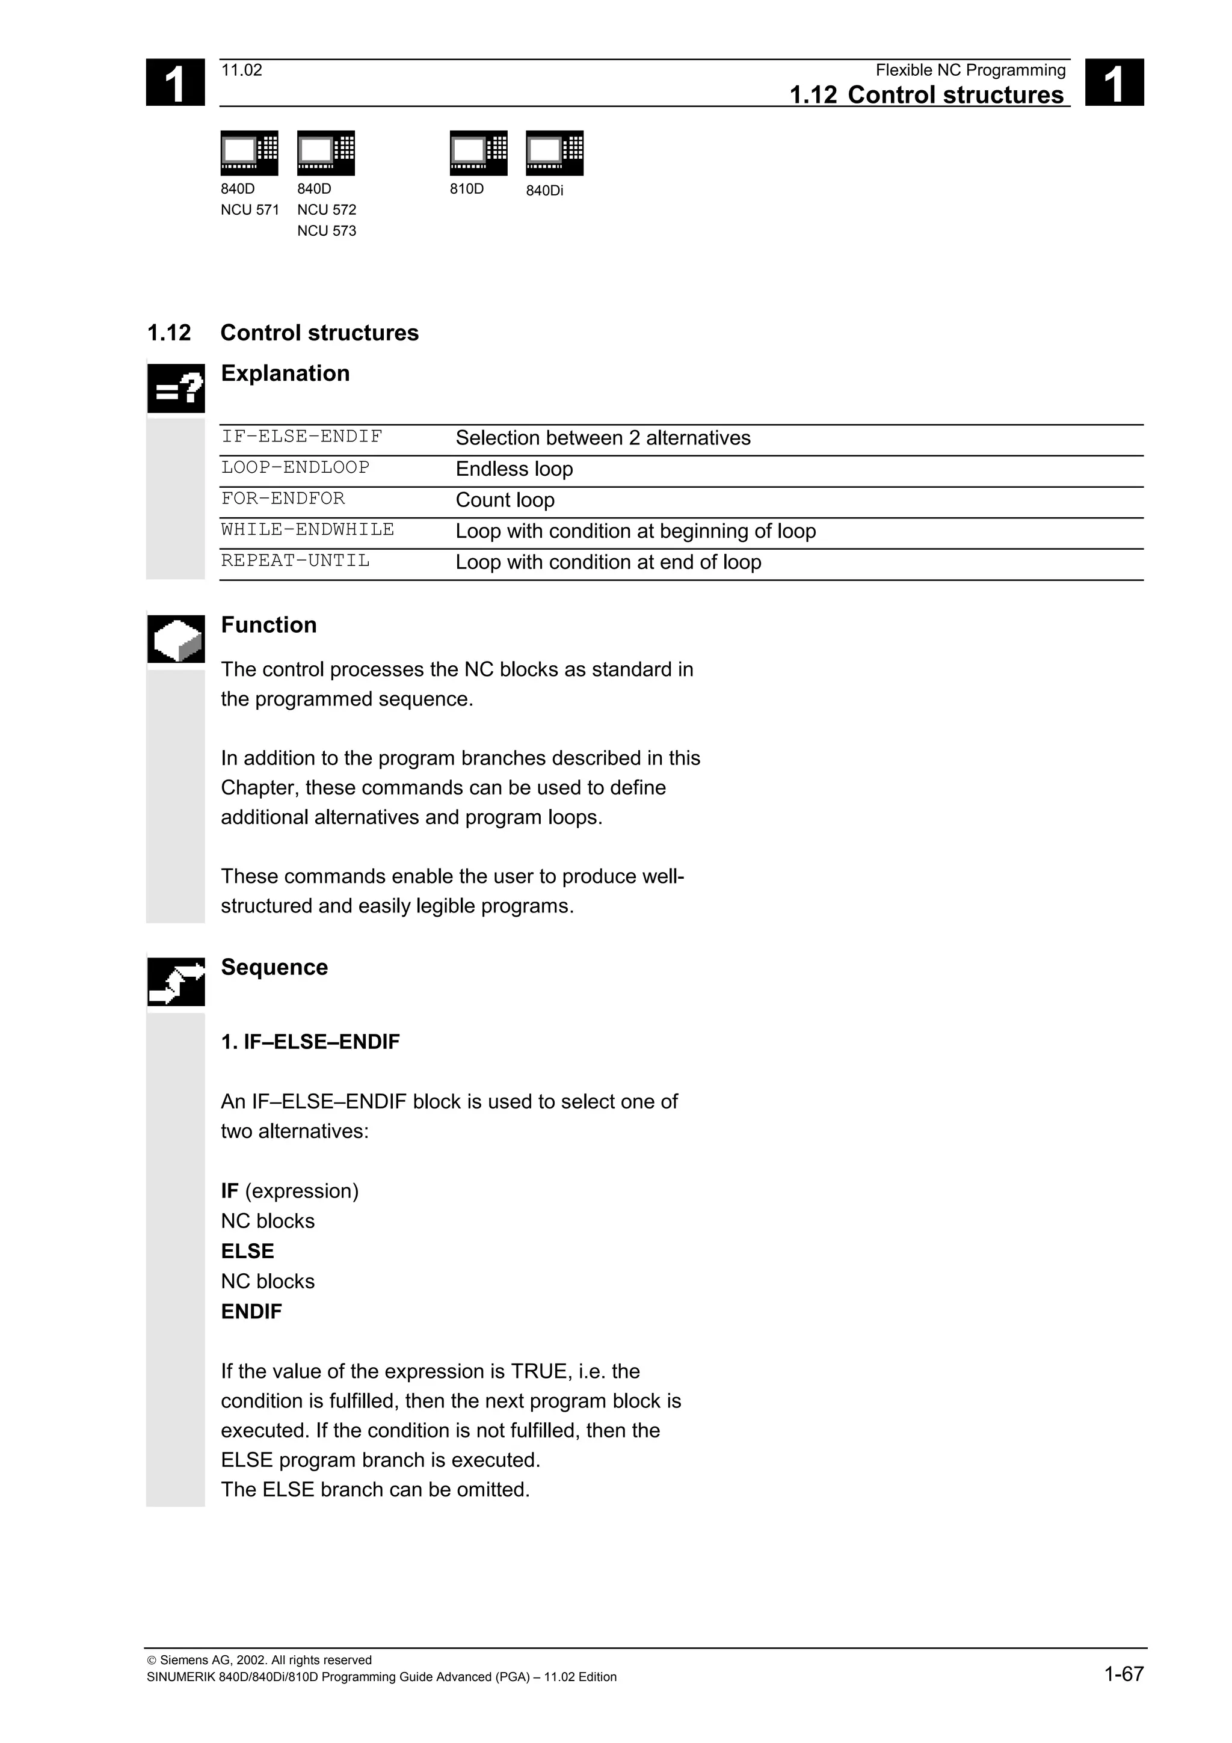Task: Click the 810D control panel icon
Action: click(478, 153)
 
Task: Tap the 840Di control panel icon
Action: click(554, 153)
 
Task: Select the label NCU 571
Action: click(250, 209)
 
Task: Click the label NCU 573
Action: click(327, 231)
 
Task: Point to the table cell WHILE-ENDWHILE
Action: click(307, 530)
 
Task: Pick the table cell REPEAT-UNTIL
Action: click(295, 561)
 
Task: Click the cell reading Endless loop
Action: click(514, 469)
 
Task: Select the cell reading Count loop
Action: click(505, 500)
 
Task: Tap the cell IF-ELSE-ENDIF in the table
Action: click(301, 437)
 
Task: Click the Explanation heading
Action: click(285, 373)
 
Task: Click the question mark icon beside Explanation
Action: click(176, 389)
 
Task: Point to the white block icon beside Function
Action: click(176, 639)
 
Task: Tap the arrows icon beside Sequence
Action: click(176, 982)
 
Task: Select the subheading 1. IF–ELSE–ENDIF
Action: click(310, 1042)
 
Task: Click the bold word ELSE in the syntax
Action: click(247, 1251)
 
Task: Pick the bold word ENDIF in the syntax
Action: click(251, 1312)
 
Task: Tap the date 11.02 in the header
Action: click(241, 70)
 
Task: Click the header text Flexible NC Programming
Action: click(970, 70)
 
